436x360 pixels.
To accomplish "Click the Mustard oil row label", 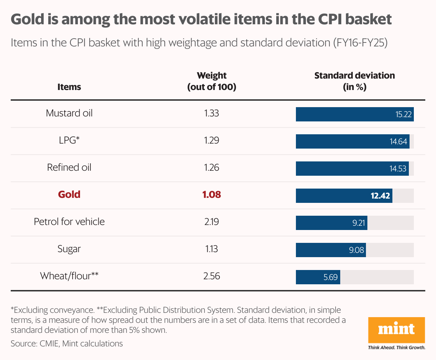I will pos(69,113).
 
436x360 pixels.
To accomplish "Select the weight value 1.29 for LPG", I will pos(212,140).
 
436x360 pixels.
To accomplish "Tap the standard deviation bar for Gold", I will pos(344,196).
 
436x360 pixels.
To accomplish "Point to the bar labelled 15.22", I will pos(355,114).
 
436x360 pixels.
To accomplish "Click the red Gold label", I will pos(69,195).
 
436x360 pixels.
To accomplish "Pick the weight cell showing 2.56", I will pos(212,276).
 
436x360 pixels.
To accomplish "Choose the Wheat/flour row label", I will pos(69,276).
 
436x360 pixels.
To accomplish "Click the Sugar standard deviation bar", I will pos(331,250).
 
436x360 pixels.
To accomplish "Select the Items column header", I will pos(69,87).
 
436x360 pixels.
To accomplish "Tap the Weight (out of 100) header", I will pos(212,81).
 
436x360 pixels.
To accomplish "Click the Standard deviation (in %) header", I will pos(355,81).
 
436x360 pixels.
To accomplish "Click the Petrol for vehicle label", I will pos(69,222).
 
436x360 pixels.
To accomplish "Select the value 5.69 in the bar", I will pos(330,277).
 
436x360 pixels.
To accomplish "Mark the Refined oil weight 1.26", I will pos(212,167).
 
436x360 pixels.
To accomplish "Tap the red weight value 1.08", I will pos(212,195).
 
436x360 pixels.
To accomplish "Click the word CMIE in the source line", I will pos(49,344).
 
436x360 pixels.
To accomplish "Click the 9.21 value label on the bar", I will pos(358,223).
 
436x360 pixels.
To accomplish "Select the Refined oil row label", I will pos(69,167).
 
